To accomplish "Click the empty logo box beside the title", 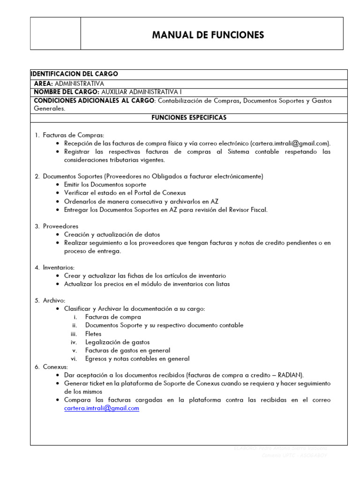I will point(55,33).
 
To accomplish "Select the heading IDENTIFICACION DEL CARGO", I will point(74,74).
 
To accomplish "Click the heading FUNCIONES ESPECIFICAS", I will point(188,118).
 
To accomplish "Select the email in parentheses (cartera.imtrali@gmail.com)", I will point(290,143).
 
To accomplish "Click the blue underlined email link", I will point(102,408).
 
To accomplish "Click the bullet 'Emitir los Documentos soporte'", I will point(105,185).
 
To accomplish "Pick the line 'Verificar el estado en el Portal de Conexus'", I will point(125,193).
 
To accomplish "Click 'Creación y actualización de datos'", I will point(112,234).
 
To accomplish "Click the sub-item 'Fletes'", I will point(93,334).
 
